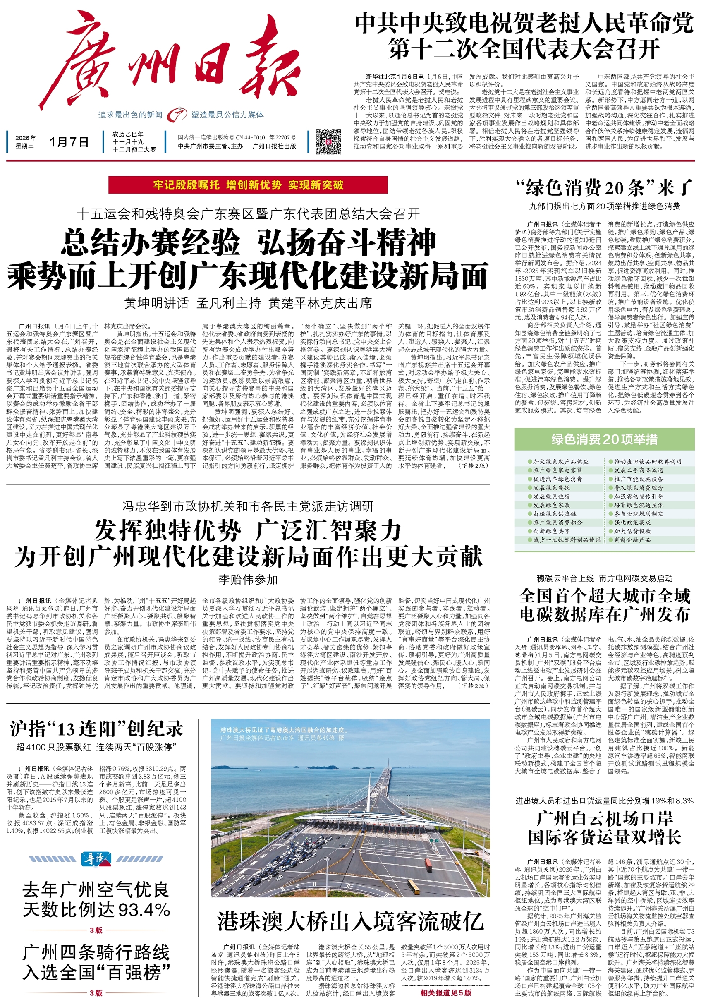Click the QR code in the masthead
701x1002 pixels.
[328, 141]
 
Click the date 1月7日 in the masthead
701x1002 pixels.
[69, 142]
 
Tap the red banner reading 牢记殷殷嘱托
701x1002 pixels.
[248, 185]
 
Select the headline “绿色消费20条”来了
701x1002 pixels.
[604, 188]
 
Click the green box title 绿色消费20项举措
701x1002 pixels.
[604, 439]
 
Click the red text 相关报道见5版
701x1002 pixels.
[446, 992]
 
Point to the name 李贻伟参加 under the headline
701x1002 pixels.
[248, 580]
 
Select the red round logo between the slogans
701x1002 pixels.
[177, 114]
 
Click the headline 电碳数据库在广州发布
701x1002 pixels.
[604, 614]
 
